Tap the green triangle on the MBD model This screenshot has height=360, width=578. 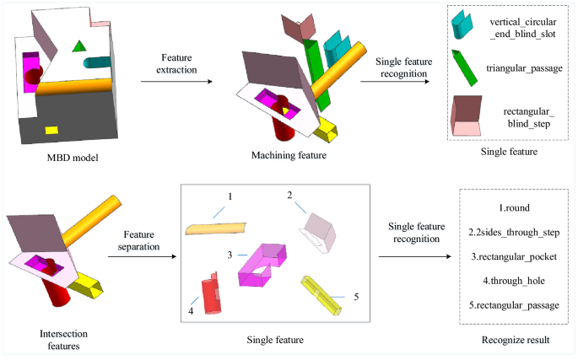(x=79, y=48)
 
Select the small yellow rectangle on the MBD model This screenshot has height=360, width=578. (x=51, y=130)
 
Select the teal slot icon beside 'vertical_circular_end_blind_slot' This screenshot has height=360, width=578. (x=462, y=24)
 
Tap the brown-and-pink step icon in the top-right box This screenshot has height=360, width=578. (x=467, y=115)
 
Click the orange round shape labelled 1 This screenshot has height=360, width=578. (x=216, y=228)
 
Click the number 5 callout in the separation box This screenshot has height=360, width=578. (x=356, y=296)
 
